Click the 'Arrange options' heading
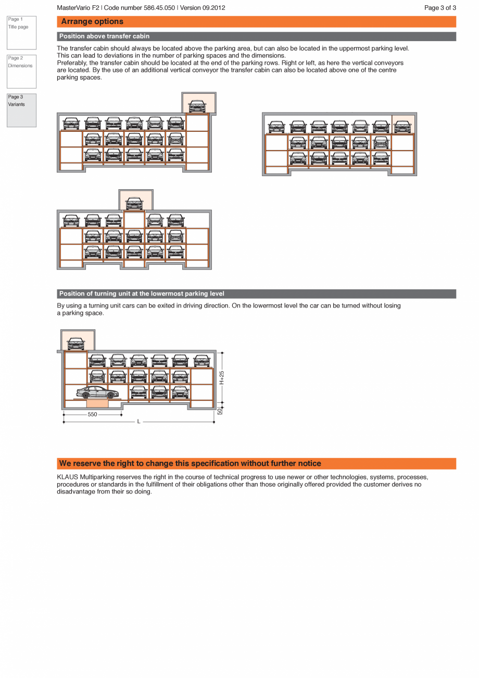tap(92, 21)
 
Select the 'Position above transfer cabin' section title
tap(104, 36)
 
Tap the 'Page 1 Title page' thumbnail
tap(21, 32)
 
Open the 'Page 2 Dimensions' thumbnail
tap(21, 71)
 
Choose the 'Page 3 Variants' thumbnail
tap(21, 110)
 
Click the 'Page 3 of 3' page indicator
tap(440, 8)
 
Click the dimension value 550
tap(92, 415)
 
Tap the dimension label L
tap(138, 422)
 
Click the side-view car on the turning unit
tap(97, 392)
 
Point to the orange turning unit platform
tap(97, 403)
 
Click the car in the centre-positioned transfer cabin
tap(134, 203)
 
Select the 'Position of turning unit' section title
tap(142, 294)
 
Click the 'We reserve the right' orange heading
tap(190, 463)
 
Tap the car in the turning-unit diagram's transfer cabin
tap(76, 343)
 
